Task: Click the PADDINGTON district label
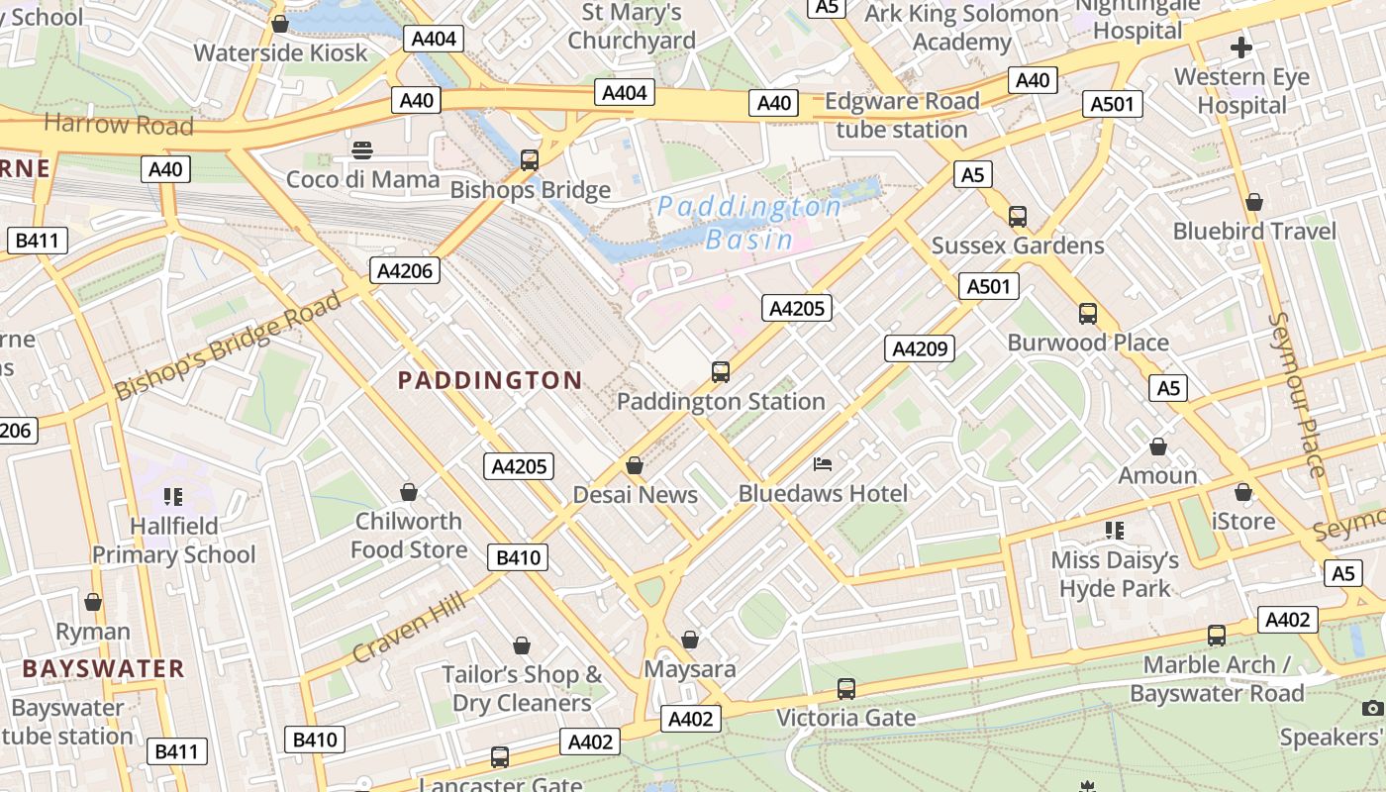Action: pyautogui.click(x=490, y=380)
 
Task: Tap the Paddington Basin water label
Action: pyautogui.click(x=749, y=223)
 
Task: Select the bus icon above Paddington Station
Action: pyautogui.click(x=721, y=372)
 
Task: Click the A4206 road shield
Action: pyautogui.click(x=405, y=270)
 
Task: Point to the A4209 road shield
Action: pyautogui.click(x=920, y=347)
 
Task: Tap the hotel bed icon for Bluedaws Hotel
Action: pyautogui.click(x=823, y=463)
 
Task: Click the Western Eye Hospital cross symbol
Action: pyautogui.click(x=1240, y=47)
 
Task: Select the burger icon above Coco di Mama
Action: pyautogui.click(x=362, y=150)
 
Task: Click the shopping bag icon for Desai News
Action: pyautogui.click(x=635, y=465)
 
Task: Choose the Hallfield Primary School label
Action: pyautogui.click(x=173, y=540)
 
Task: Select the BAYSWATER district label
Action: pyautogui.click(x=104, y=668)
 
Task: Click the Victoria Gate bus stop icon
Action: pyautogui.click(x=845, y=688)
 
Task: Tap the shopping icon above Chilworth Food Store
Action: pyautogui.click(x=408, y=492)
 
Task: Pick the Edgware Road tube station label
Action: pyautogui.click(x=902, y=115)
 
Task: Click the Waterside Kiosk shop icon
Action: pyautogui.click(x=280, y=24)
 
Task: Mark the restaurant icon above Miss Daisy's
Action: pyautogui.click(x=1115, y=531)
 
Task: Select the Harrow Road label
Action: pyautogui.click(x=119, y=125)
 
